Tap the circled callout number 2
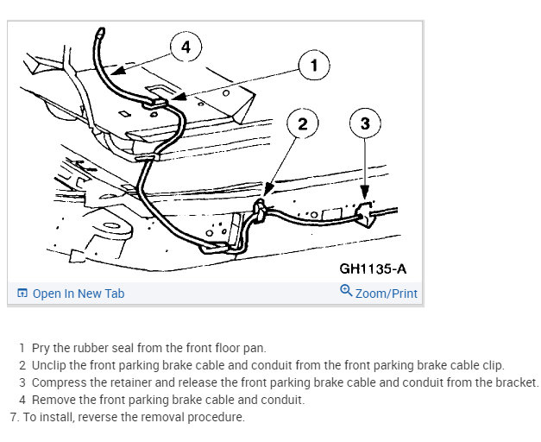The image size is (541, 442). (x=302, y=123)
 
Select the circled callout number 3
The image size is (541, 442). (x=365, y=123)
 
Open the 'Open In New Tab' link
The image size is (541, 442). (x=79, y=294)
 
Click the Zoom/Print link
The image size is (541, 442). (x=386, y=294)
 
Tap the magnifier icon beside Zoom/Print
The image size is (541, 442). (x=346, y=292)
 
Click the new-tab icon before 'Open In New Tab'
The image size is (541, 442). (x=22, y=294)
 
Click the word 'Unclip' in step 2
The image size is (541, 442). (x=51, y=365)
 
